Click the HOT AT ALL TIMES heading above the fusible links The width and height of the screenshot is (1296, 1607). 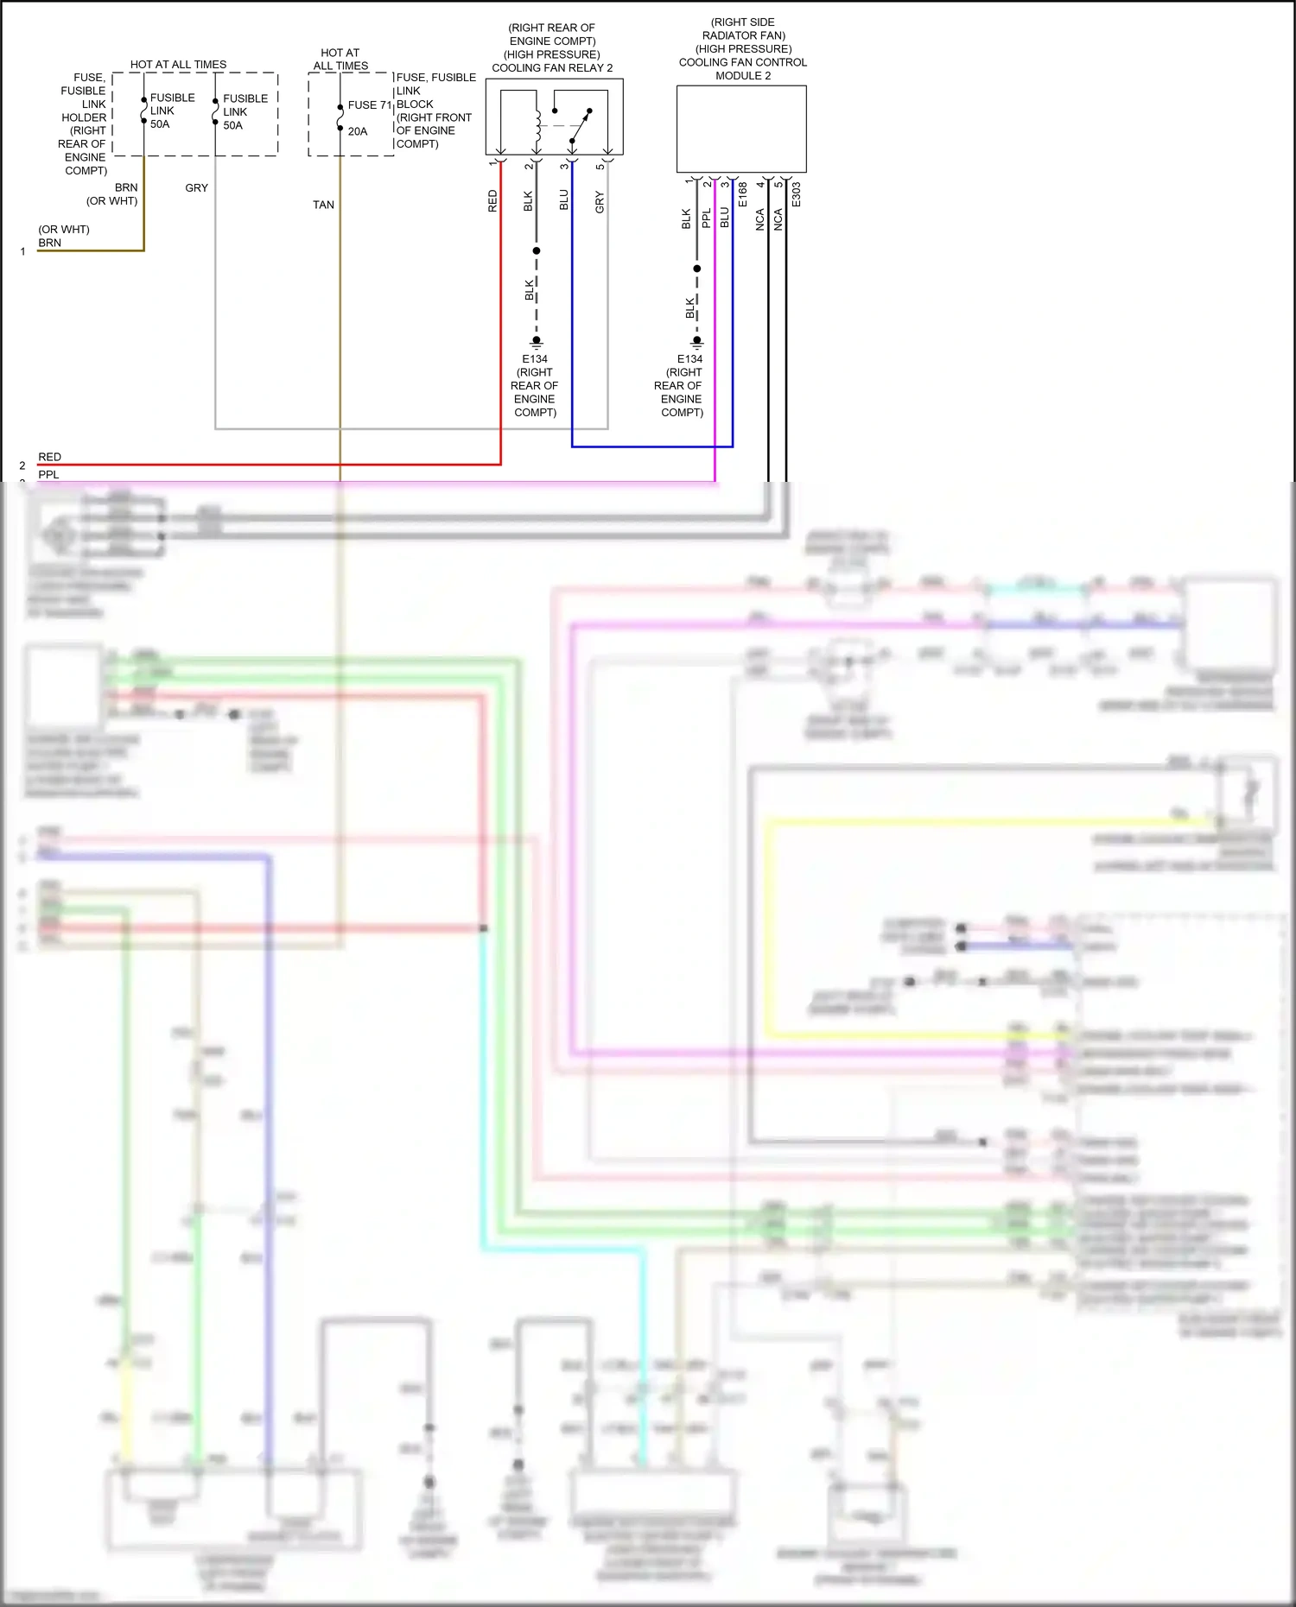point(178,65)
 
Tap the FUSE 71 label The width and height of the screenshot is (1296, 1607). point(370,105)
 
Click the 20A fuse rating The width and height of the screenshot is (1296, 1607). point(358,131)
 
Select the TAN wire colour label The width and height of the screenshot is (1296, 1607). point(323,205)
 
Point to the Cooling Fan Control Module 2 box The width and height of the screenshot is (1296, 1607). point(741,129)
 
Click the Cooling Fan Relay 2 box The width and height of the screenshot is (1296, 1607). point(554,117)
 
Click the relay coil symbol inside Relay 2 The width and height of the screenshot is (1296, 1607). point(538,126)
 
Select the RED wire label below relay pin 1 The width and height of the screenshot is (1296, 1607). point(492,201)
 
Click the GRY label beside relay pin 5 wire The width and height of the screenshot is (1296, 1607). point(600,203)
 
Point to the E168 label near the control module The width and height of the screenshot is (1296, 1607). point(743,195)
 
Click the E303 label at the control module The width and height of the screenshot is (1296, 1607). point(797,195)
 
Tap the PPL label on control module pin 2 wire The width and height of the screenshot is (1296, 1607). point(706,218)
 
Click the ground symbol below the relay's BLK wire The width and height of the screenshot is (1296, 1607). point(537,342)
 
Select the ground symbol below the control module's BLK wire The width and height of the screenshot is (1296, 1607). point(696,342)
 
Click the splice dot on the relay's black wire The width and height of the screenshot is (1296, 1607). point(537,250)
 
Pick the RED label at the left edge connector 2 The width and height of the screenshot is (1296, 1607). point(49,457)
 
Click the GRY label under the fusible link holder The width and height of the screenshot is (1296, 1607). point(196,187)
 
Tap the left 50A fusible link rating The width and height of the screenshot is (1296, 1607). point(160,124)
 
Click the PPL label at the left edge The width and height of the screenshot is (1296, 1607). point(48,474)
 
